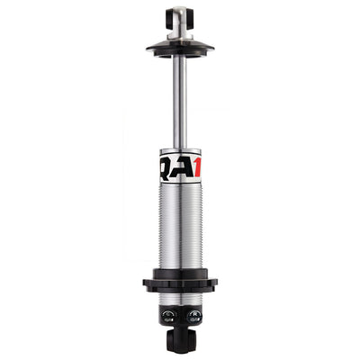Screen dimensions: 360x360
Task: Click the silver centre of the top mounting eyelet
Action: tap(180, 17)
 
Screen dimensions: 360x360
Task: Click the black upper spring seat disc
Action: tap(180, 46)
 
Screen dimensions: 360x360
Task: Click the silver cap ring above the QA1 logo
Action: tap(180, 151)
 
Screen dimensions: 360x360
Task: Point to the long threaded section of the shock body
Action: tap(180, 225)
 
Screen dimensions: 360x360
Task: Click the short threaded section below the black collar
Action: tap(180, 298)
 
